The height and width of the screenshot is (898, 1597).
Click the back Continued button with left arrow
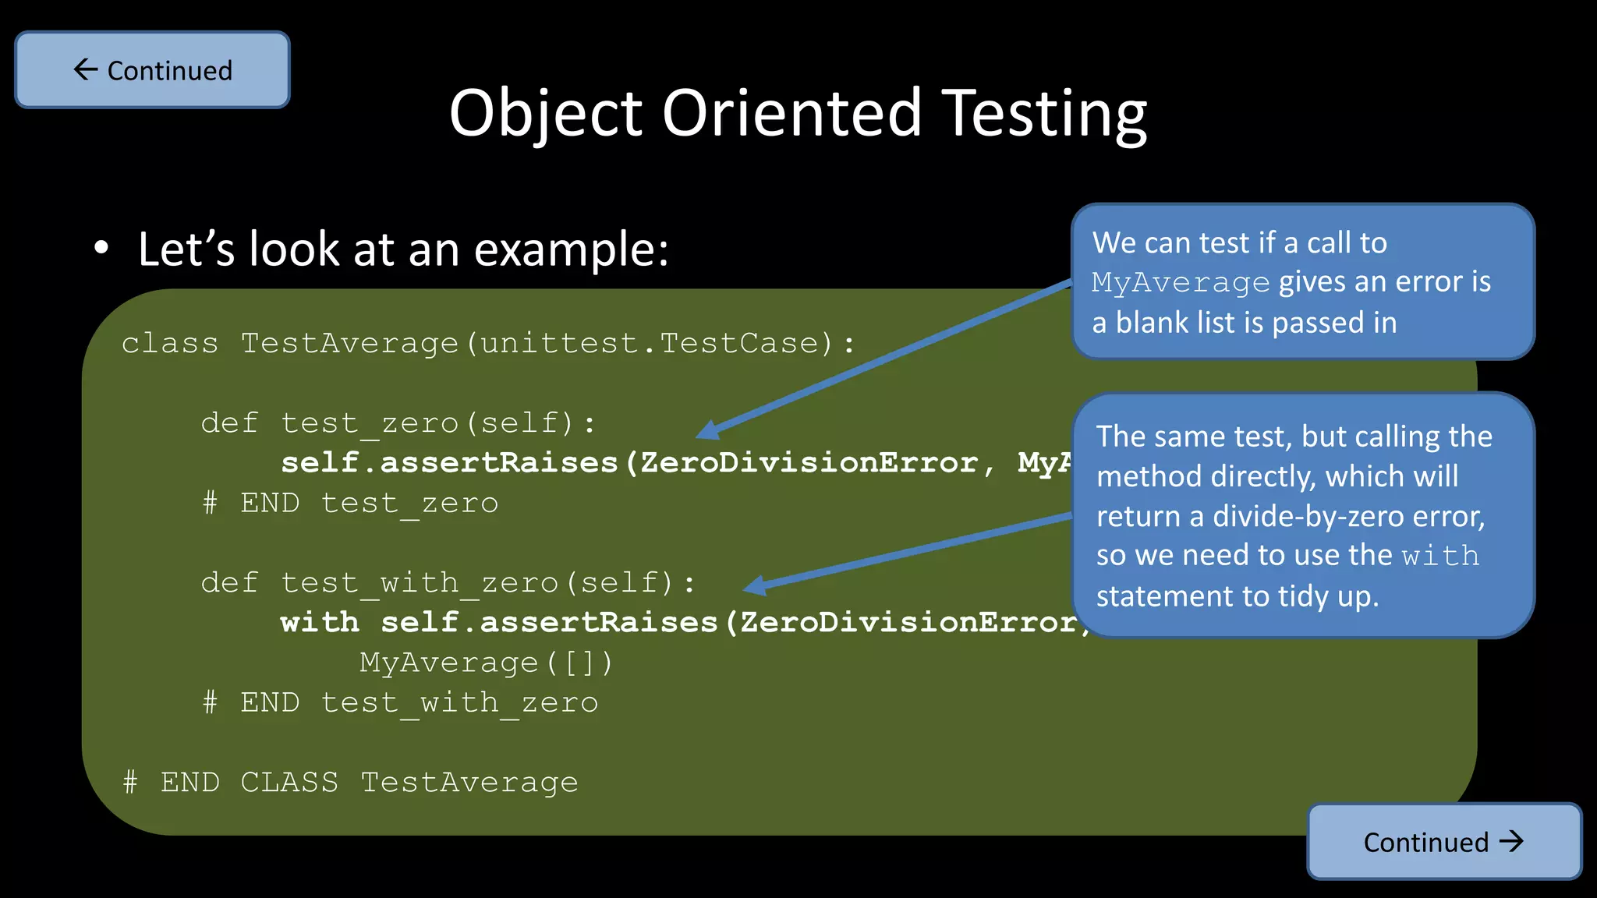[153, 70]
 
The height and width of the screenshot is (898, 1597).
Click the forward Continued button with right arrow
[1444, 842]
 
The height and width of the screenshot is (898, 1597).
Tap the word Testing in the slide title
[1044, 113]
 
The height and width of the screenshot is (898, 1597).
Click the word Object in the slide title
[545, 113]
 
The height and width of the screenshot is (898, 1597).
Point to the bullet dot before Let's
[101, 249]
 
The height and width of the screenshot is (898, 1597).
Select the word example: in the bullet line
[571, 249]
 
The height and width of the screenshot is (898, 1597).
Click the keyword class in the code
[170, 343]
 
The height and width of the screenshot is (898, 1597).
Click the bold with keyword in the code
[320, 622]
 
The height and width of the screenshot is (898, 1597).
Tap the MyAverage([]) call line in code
[487, 663]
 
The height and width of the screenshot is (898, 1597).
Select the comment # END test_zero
[350, 504]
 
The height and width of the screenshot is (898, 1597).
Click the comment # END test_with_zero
[400, 703]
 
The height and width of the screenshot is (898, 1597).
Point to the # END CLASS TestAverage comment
[350, 783]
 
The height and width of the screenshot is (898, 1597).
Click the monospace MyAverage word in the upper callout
[1181, 282]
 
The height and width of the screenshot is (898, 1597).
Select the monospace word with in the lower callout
[1440, 557]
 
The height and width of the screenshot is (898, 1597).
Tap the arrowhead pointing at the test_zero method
[706, 430]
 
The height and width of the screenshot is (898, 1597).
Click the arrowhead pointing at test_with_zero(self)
[753, 585]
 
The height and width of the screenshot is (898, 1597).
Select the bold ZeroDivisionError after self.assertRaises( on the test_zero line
[809, 463]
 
